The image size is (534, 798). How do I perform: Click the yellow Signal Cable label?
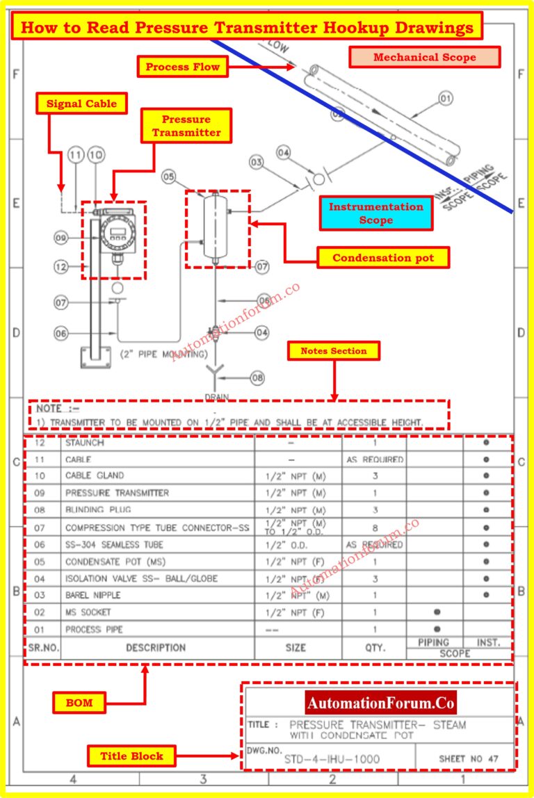pos(82,104)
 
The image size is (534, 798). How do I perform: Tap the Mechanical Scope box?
pos(424,57)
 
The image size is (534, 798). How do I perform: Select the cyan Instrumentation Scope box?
pos(375,213)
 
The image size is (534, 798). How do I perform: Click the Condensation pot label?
pos(382,258)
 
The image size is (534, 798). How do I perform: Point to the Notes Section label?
pos(333,351)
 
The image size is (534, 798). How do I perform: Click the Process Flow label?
pos(182,67)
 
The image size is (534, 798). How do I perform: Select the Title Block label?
pos(131,756)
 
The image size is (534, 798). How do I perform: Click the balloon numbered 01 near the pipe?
pos(446,99)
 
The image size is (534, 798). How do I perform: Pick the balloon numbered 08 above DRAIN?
pos(257,378)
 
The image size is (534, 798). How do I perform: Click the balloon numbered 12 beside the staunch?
pos(63,265)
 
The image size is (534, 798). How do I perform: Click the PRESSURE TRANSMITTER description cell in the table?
pos(117,493)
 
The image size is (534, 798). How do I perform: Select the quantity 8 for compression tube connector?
pos(374,528)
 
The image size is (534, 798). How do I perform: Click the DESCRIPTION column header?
pos(156,647)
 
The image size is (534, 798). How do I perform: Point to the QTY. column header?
pos(374,647)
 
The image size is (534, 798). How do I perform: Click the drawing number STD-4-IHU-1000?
pos(332,758)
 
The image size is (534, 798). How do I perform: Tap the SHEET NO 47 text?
pos(469,758)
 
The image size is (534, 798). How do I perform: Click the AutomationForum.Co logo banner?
pos(380,703)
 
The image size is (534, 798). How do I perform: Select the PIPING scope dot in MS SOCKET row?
pos(436,612)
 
